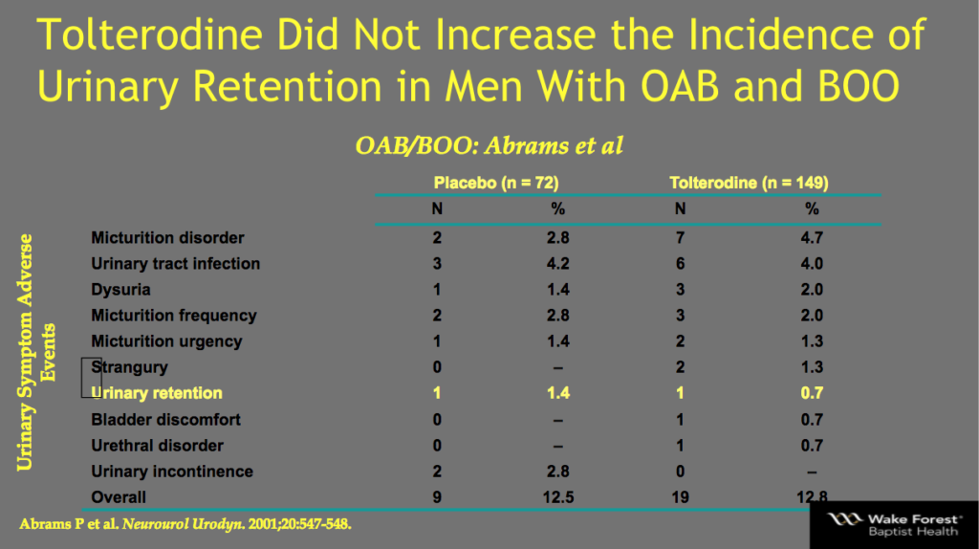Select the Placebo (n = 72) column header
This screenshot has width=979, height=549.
pyautogui.click(x=496, y=182)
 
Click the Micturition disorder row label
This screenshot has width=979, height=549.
pyautogui.click(x=167, y=237)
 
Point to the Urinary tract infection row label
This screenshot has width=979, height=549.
pyautogui.click(x=175, y=263)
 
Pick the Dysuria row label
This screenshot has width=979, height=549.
pyautogui.click(x=120, y=289)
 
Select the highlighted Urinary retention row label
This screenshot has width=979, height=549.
pyautogui.click(x=157, y=393)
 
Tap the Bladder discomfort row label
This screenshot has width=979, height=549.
pyautogui.click(x=165, y=419)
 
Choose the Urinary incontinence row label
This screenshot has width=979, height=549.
pyautogui.click(x=172, y=471)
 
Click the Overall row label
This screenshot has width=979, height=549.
pyautogui.click(x=119, y=496)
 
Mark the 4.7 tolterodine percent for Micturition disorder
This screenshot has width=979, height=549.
pyautogui.click(x=812, y=237)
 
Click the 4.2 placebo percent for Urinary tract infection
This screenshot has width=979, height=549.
pyautogui.click(x=558, y=263)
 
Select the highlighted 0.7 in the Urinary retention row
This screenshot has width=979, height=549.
pyautogui.click(x=812, y=393)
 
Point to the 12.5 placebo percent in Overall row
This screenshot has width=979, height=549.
pyautogui.click(x=558, y=496)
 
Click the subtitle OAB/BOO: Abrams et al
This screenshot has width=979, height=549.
pyautogui.click(x=489, y=146)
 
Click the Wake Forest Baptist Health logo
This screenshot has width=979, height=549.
pyautogui.click(x=893, y=523)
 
